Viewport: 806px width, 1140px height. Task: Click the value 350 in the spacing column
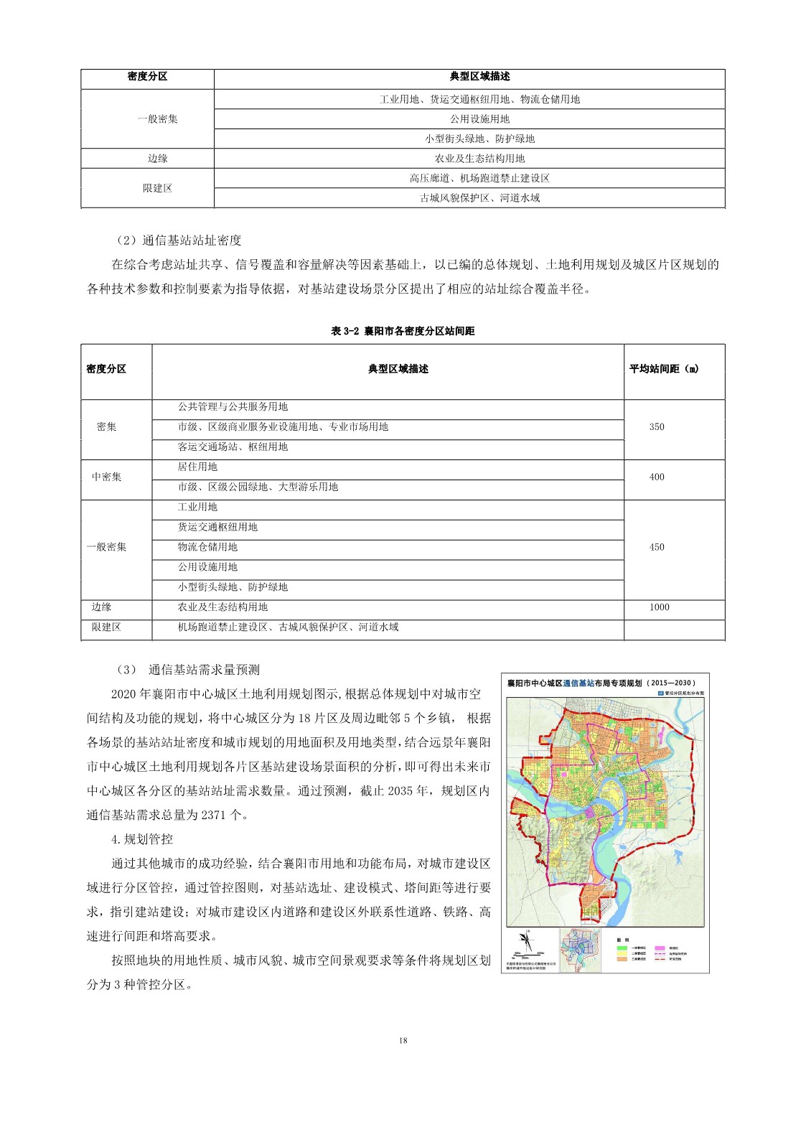(656, 427)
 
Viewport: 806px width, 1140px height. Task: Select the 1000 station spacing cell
(659, 607)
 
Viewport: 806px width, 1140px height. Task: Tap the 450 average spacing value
(656, 547)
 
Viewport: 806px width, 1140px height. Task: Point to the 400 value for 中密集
(656, 477)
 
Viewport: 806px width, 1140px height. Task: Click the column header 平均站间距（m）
(664, 369)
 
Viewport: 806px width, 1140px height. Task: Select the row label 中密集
(106, 477)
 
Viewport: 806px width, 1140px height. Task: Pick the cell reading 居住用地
(197, 467)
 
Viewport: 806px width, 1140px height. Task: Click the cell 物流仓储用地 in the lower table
(207, 547)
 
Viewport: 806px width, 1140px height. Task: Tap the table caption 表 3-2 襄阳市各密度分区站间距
(403, 331)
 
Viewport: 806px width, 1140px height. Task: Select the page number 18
(403, 1040)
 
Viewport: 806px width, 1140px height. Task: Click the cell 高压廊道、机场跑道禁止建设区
(479, 179)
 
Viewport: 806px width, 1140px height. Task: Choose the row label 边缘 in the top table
(157, 159)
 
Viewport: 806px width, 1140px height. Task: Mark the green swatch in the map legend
(622, 948)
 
